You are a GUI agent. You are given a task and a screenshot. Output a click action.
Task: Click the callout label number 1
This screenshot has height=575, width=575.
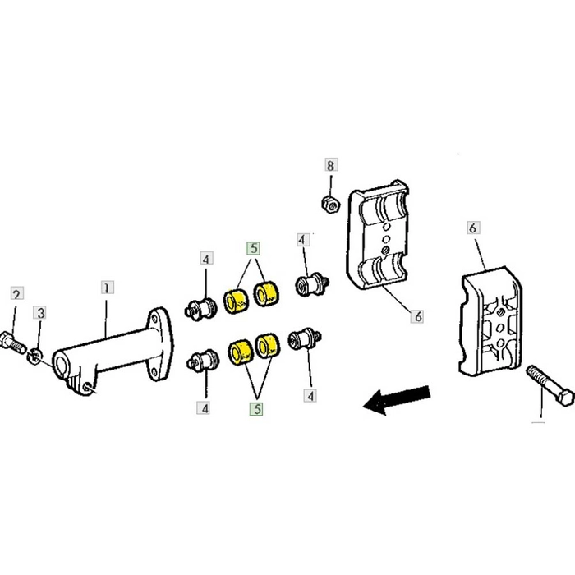click(107, 287)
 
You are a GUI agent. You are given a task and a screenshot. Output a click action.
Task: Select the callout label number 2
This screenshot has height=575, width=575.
click(17, 293)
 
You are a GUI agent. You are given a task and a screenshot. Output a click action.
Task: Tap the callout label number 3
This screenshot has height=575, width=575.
click(40, 313)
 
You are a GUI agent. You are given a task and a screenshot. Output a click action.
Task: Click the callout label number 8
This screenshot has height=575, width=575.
click(331, 165)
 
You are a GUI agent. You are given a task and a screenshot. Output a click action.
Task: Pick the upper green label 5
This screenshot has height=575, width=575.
click(254, 248)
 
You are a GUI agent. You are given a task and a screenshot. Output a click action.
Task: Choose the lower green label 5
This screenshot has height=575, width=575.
click(256, 409)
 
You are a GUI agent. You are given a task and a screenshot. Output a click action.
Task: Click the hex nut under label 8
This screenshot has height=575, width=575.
click(331, 205)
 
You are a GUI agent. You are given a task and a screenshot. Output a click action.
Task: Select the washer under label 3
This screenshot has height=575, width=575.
click(34, 356)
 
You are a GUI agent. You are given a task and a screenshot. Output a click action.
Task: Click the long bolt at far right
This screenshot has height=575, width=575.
click(550, 385)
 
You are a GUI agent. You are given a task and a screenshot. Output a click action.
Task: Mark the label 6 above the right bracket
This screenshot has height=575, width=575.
click(473, 228)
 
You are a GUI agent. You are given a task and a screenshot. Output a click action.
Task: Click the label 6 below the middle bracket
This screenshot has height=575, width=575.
click(417, 315)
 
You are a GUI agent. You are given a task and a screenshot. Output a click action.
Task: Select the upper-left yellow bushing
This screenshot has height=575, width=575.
click(236, 301)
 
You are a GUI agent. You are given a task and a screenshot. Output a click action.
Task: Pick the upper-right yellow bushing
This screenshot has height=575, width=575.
click(266, 293)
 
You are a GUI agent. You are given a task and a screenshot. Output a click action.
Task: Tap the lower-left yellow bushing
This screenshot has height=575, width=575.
click(241, 352)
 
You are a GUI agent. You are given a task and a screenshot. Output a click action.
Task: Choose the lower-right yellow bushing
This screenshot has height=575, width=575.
click(268, 346)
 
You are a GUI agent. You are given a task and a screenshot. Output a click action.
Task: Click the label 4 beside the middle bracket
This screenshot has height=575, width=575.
click(303, 240)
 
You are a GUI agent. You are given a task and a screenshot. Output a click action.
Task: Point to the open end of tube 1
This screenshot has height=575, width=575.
click(61, 364)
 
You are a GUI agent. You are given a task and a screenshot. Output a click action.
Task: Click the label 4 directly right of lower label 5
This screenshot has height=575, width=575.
click(310, 395)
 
